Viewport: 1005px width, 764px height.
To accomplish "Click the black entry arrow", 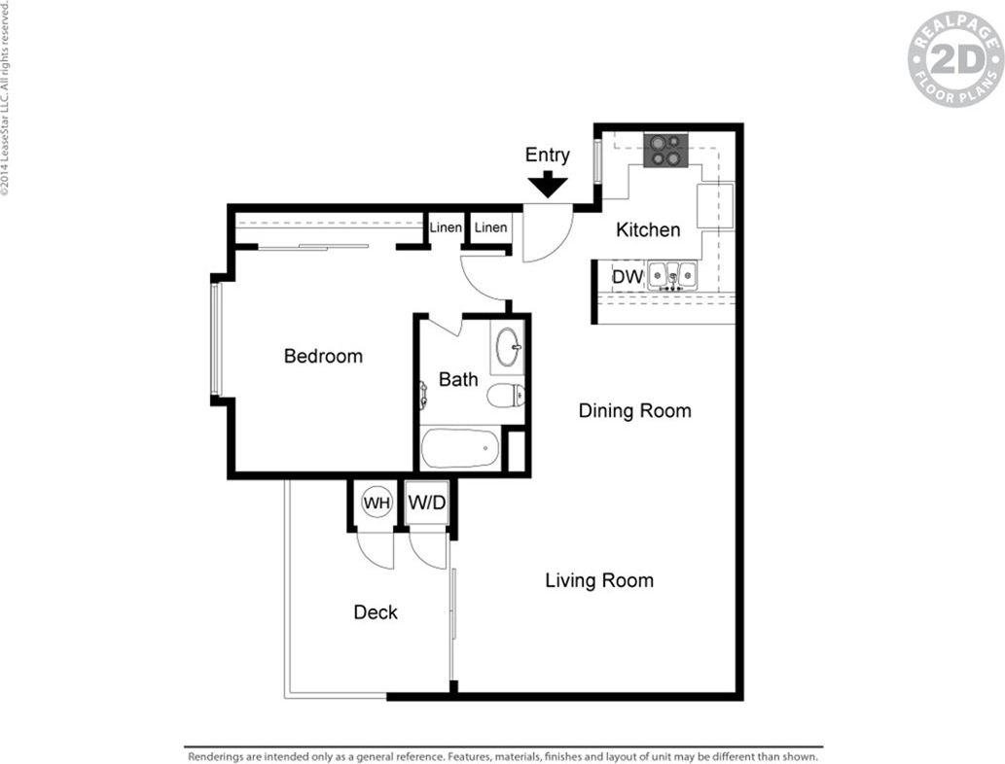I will point(548,184).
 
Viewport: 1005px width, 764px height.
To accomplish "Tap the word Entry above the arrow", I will point(548,155).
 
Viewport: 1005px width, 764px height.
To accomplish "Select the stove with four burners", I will point(665,150).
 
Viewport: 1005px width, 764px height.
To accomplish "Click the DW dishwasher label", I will point(628,277).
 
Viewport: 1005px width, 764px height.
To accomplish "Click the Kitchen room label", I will point(649,229).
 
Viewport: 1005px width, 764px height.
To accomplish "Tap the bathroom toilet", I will point(506,395).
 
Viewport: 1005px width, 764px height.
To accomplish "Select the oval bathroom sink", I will point(507,347).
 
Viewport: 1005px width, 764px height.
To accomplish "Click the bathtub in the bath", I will point(460,449).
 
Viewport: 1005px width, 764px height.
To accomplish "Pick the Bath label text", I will point(457,379).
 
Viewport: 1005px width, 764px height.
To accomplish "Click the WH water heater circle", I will point(377,503).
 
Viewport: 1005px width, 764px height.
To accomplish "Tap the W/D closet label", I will point(427,504).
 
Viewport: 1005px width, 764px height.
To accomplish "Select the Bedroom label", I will point(323,356).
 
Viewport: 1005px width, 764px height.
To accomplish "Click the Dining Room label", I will point(634,410).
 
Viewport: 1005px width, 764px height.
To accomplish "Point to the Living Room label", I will point(598,580).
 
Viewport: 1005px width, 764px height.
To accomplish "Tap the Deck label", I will point(375,612).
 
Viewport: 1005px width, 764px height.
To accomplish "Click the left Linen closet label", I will point(446,227).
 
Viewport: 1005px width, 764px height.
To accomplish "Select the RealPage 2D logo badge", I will point(954,58).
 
